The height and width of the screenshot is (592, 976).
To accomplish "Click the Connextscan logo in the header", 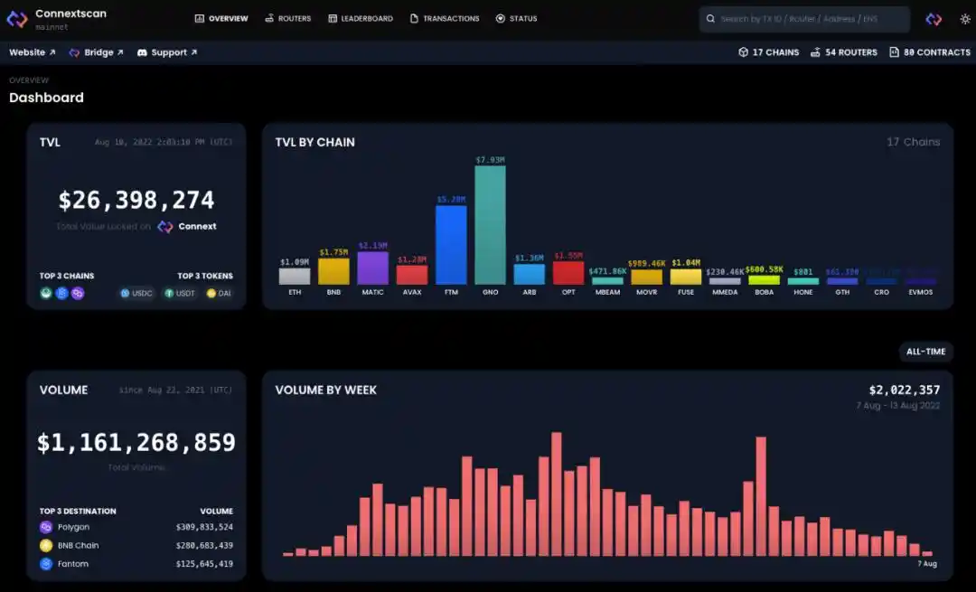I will (x=17, y=19).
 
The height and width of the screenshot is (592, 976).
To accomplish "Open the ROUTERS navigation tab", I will (x=288, y=18).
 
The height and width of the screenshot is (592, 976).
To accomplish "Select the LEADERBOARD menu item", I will (x=361, y=18).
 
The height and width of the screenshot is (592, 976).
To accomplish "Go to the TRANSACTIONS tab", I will (x=445, y=18).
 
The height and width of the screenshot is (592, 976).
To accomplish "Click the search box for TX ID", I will (x=804, y=19).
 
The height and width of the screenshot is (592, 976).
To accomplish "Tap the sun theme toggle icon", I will (x=964, y=19).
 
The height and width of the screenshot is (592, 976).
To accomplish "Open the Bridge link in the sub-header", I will (x=97, y=52).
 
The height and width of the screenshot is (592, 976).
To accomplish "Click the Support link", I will (x=167, y=52).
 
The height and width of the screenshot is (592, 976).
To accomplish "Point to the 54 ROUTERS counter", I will (x=844, y=52).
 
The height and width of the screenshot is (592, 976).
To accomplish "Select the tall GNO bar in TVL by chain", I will (x=491, y=225).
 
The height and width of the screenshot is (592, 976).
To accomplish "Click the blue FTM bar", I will (x=451, y=245).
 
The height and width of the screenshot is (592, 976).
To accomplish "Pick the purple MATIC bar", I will (x=372, y=268).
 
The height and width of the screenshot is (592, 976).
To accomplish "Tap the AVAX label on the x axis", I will (x=412, y=293).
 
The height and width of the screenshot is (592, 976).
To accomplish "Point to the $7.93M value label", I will (x=491, y=160).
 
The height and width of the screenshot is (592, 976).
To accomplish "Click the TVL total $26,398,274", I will (x=136, y=200).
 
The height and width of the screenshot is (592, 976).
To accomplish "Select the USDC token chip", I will (x=137, y=293).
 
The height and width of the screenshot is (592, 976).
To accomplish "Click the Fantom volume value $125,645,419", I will (x=204, y=564).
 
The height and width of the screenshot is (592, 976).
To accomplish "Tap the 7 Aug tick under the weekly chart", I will (x=926, y=564).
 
